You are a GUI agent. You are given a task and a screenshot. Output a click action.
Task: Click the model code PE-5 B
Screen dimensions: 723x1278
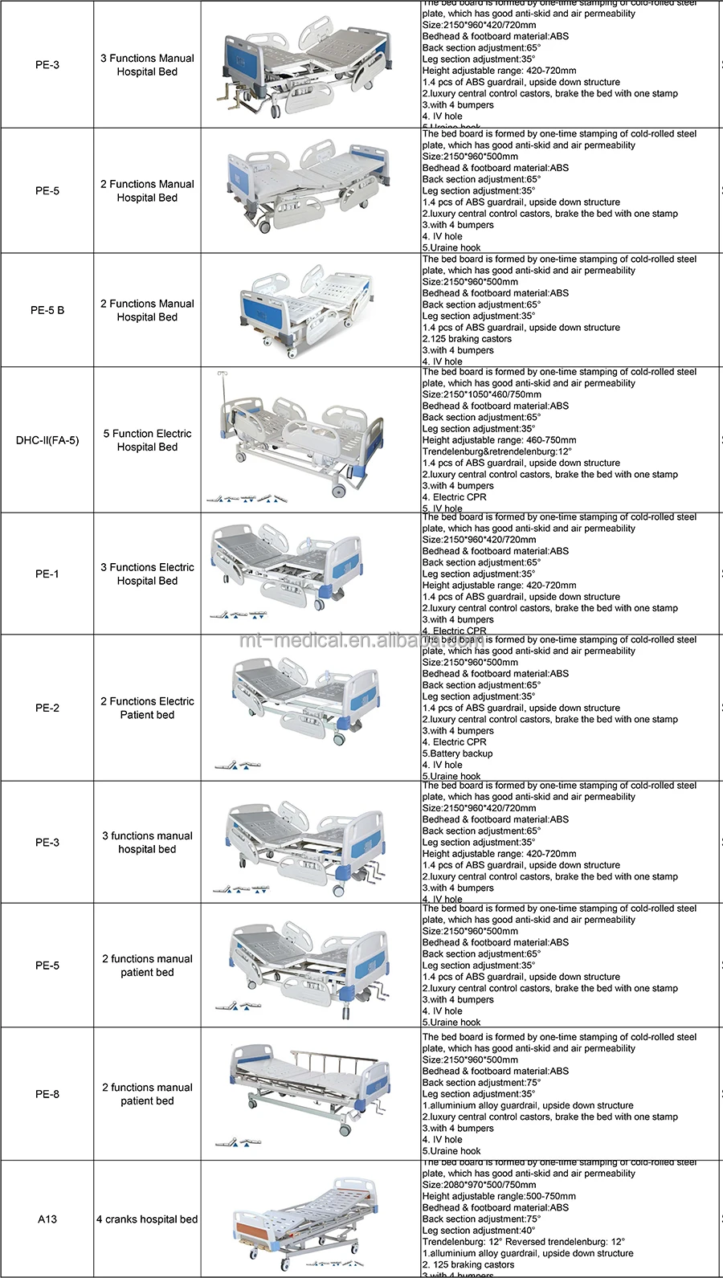tap(47, 310)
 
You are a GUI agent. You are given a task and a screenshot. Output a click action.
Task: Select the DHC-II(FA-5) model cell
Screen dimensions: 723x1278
tap(47, 440)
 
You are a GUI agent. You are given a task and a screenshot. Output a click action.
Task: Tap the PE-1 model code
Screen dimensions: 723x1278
tap(47, 574)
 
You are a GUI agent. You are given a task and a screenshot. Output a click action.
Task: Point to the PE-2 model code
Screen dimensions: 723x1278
tap(47, 708)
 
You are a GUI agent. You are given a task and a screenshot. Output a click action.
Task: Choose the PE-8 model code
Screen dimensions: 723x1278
tap(47, 1094)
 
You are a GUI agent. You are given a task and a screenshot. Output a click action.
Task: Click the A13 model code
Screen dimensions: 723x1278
tap(47, 1219)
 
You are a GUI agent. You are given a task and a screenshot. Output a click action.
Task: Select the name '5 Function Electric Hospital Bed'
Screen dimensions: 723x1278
tap(147, 440)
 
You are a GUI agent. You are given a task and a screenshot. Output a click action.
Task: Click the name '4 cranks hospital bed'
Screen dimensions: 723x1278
tap(147, 1219)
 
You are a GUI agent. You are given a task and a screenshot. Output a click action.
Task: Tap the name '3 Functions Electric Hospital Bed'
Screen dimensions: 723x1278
tap(147, 574)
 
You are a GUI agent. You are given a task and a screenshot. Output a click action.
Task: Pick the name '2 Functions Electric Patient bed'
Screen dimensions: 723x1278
tap(147, 708)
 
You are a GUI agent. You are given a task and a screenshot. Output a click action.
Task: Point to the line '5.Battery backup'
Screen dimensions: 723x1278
tap(458, 753)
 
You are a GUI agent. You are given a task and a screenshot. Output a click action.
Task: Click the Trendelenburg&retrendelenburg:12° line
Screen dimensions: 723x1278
tap(497, 451)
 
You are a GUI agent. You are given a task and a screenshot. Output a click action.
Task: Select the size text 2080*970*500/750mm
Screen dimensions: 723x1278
tap(480, 1185)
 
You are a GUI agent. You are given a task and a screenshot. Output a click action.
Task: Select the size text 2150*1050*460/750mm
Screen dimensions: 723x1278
tap(482, 394)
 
